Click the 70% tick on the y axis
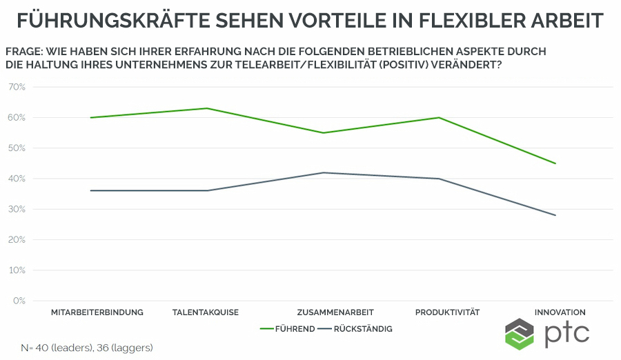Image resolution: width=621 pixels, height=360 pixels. pyautogui.click(x=17, y=87)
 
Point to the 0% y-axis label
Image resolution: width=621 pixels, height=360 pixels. pyautogui.click(x=19, y=301)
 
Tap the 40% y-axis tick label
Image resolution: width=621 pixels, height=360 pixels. pyautogui.click(x=17, y=179)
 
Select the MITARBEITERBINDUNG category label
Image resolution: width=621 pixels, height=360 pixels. pyautogui.click(x=97, y=312)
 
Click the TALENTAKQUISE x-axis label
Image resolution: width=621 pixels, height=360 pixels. pyautogui.click(x=206, y=312)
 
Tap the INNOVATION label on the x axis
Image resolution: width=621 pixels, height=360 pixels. pyautogui.click(x=555, y=312)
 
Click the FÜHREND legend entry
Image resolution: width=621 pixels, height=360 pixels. pyautogui.click(x=288, y=329)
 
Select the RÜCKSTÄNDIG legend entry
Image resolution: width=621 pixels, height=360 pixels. pyautogui.click(x=356, y=329)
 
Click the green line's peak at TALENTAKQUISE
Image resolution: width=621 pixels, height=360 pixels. pyautogui.click(x=207, y=108)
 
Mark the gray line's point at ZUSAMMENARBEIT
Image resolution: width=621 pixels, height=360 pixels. pyautogui.click(x=323, y=172)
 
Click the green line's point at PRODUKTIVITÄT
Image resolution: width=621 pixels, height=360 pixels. pyautogui.click(x=439, y=117)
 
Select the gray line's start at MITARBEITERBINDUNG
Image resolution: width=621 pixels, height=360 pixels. pyautogui.click(x=91, y=190)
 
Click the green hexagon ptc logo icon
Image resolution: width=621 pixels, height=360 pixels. pyautogui.click(x=520, y=334)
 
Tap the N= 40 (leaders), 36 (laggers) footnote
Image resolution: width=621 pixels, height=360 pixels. pyautogui.click(x=86, y=348)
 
